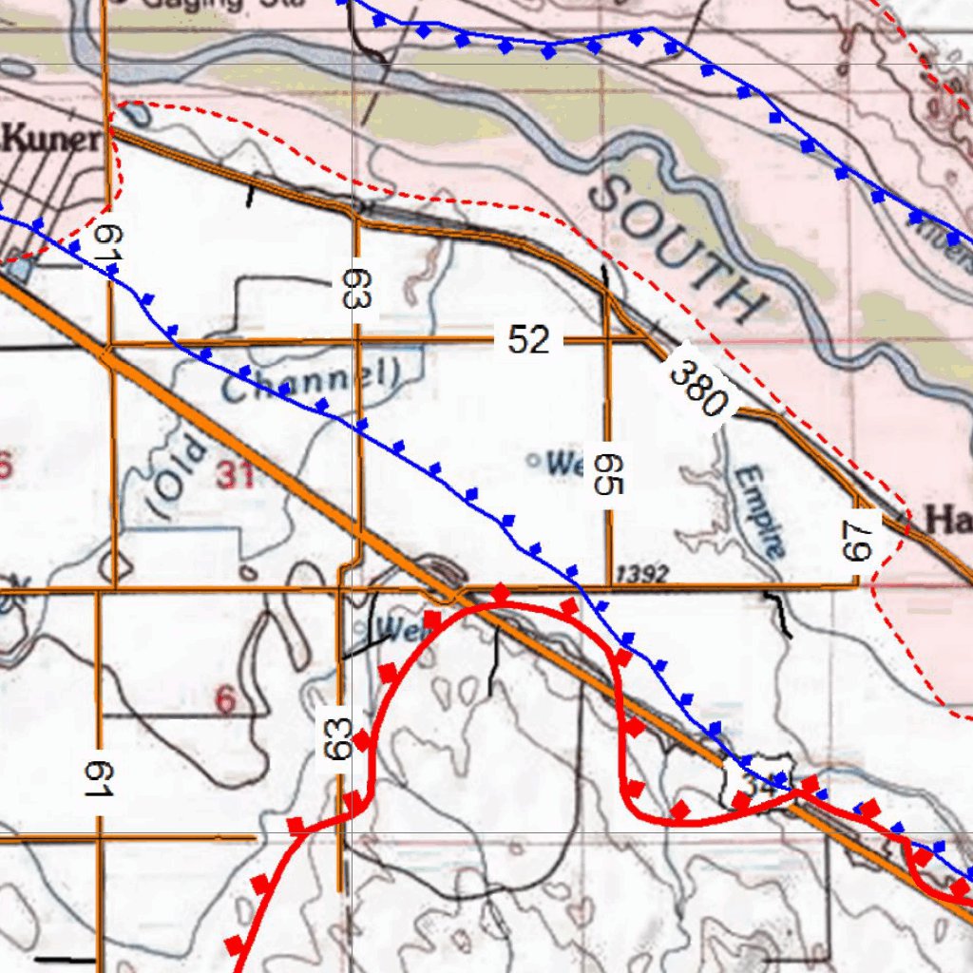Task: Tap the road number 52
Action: click(528, 339)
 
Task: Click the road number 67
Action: click(855, 539)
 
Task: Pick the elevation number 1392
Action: click(642, 574)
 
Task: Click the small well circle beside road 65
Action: click(533, 462)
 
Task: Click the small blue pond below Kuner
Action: click(19, 270)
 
